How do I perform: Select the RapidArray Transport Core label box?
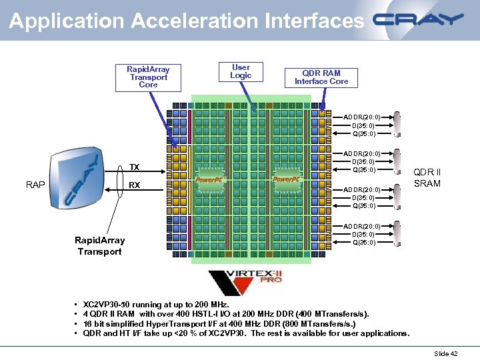click(148, 77)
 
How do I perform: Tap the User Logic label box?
click(241, 71)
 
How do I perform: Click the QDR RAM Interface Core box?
click(321, 77)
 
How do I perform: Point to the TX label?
click(134, 167)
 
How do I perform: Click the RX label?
click(134, 185)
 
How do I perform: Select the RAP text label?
click(35, 185)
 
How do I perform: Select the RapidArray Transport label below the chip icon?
click(99, 245)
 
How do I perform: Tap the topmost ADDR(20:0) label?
click(361, 117)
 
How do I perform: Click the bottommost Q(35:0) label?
click(363, 243)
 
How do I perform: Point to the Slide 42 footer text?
click(445, 353)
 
